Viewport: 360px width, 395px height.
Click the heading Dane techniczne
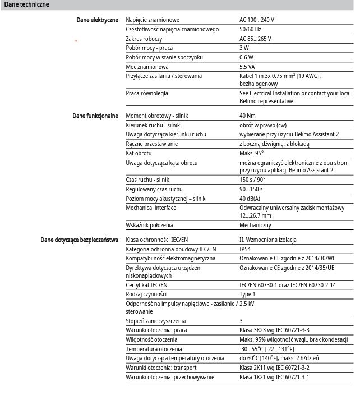[x=26, y=4]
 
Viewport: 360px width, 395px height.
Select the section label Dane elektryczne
[x=97, y=20]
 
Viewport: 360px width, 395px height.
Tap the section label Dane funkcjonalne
[x=95, y=116]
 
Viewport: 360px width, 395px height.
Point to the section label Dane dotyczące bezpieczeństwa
[x=79, y=240]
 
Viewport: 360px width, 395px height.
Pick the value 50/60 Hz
[x=250, y=29]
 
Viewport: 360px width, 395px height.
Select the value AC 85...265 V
[x=255, y=39]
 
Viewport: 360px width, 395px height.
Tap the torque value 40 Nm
[x=248, y=116]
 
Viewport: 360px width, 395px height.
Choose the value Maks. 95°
[x=251, y=153]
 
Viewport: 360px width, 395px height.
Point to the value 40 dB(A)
[x=250, y=199]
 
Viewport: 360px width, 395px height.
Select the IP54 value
[x=245, y=249]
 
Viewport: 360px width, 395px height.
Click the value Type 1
[x=247, y=294]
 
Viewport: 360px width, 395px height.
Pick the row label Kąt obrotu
[x=139, y=153]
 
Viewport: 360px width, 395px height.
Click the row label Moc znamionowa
[x=147, y=67]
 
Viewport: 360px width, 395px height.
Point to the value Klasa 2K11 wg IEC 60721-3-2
[x=274, y=368]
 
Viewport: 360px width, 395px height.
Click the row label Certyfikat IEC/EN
[x=147, y=285]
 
